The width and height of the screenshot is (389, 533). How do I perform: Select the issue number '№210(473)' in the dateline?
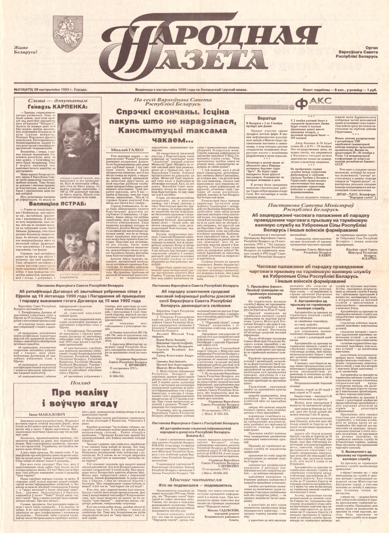19,89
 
